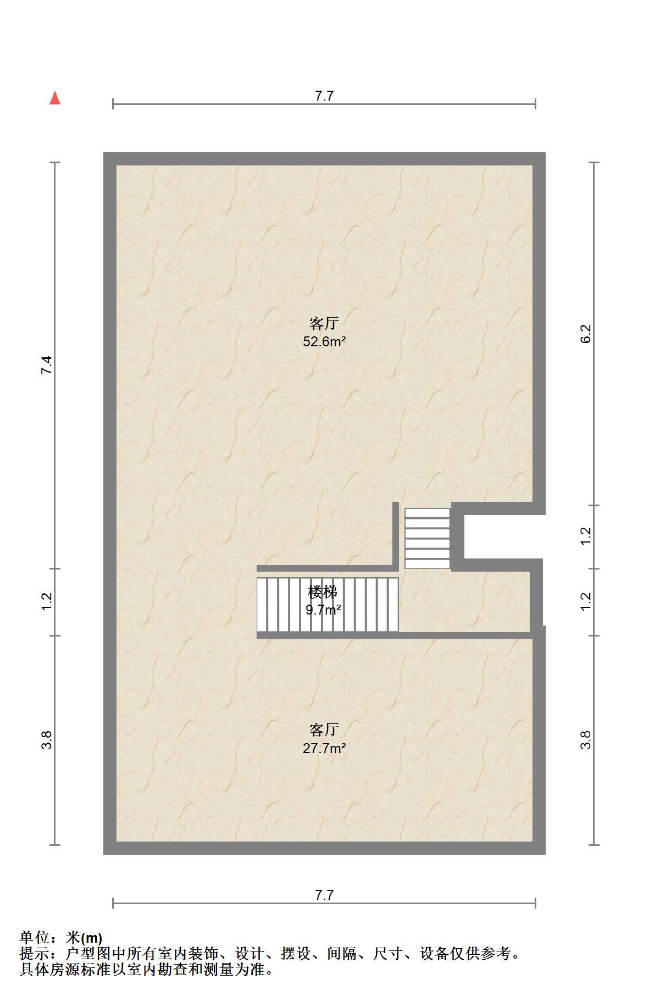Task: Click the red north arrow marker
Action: pos(55,98)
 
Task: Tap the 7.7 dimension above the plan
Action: pos(324,96)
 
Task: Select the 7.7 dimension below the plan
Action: pos(324,895)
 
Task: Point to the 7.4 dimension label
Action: pos(47,366)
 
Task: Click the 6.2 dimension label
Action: pos(586,334)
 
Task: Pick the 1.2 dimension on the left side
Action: pos(47,601)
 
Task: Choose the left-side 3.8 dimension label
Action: pos(47,740)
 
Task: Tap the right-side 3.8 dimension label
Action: pos(586,740)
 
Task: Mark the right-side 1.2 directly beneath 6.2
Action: pos(586,536)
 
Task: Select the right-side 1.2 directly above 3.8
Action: pos(586,601)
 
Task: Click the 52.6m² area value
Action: pos(324,342)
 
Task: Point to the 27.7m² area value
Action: pos(324,748)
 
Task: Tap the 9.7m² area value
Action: pos(323,610)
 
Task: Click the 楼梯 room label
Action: pos(323,592)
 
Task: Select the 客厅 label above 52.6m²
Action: pos(324,323)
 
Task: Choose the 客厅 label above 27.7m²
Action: pos(324,730)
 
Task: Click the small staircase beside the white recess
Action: pos(427,538)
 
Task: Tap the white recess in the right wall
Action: pos(503,536)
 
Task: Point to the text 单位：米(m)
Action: pos(61,938)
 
